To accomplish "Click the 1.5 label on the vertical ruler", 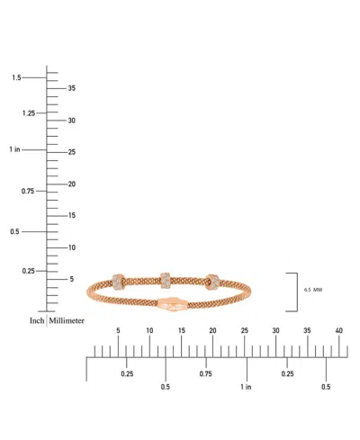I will (x=16, y=78).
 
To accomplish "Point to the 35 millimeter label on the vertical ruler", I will (x=72, y=88).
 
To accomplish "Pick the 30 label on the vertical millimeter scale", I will (x=72, y=121).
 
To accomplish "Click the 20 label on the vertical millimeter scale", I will (x=72, y=184).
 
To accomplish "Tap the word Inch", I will (x=36, y=320).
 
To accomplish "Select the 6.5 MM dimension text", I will (x=314, y=291).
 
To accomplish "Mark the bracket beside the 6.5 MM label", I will (x=293, y=291).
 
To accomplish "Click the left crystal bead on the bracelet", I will (x=120, y=282).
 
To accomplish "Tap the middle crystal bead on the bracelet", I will (x=166, y=280).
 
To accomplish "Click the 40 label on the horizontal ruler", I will (x=338, y=331).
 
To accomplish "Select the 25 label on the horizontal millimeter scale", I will (x=244, y=331).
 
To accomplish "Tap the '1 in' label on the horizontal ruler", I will (x=247, y=387).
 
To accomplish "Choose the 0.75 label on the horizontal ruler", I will (x=206, y=373).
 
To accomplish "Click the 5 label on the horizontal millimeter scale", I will (x=118, y=331).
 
